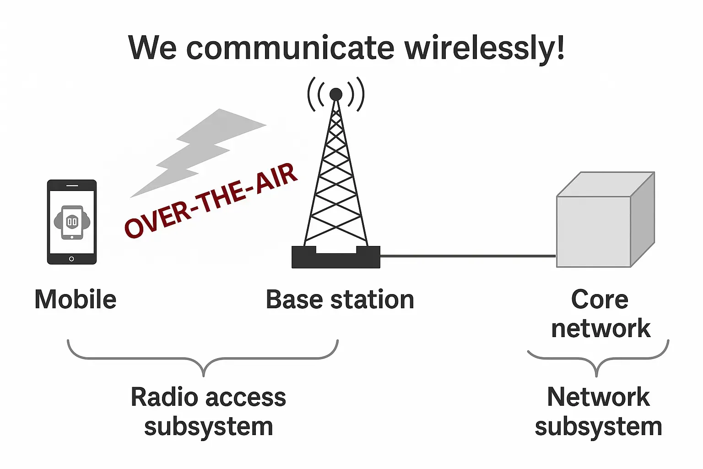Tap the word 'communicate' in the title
pyautogui.click(x=290, y=48)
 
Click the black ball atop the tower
pyautogui.click(x=336, y=94)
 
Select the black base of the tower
pyautogui.click(x=336, y=259)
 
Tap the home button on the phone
pyautogui.click(x=71, y=259)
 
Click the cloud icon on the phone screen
pyautogui.click(x=72, y=222)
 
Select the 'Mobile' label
pyautogui.click(x=76, y=300)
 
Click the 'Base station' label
pyautogui.click(x=340, y=300)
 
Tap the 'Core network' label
pyautogui.click(x=600, y=314)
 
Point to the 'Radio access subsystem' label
pyautogui.click(x=208, y=411)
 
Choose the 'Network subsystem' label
pyautogui.click(x=599, y=411)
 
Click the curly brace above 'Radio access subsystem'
pyautogui.click(x=203, y=360)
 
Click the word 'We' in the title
pyautogui.click(x=152, y=48)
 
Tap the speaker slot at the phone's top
pyautogui.click(x=72, y=185)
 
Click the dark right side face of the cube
pyautogui.click(x=643, y=220)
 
